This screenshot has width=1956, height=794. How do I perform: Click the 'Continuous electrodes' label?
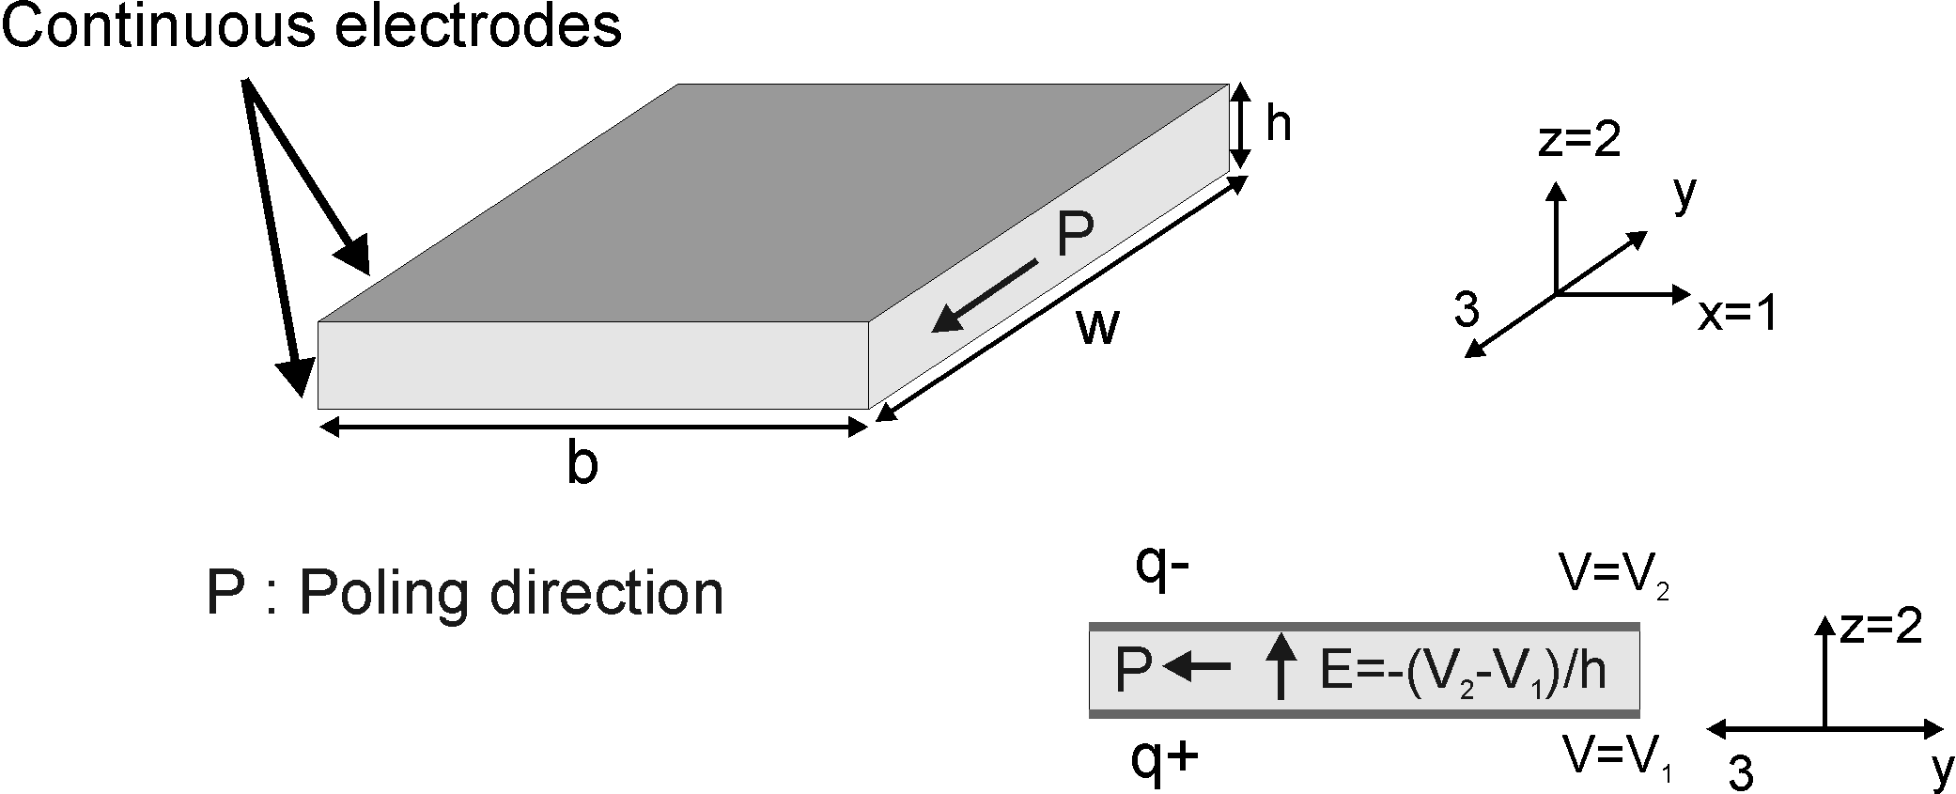[312, 25]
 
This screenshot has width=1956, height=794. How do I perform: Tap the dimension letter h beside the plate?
[1278, 123]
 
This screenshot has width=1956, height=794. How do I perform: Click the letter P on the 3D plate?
[1075, 235]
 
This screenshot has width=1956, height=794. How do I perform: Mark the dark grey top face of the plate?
[770, 202]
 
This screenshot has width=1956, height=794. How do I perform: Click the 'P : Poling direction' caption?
[465, 593]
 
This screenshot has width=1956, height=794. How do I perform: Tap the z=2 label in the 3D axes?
[1580, 140]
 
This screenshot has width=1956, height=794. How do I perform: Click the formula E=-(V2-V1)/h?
[1463, 672]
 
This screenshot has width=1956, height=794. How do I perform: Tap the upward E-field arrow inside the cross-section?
[1280, 666]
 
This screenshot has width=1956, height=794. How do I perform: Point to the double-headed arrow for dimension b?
[593, 428]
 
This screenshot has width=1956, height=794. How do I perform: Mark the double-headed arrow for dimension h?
[1241, 125]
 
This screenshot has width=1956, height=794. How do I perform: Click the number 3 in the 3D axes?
[1467, 310]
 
